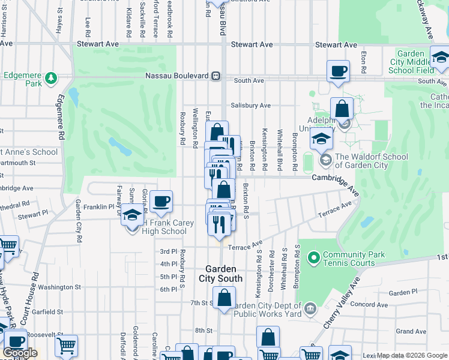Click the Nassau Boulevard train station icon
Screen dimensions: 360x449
click(215, 76)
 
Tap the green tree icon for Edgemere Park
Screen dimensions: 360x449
click(51, 77)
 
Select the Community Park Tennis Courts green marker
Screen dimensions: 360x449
click(313, 259)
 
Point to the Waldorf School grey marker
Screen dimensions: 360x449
click(325, 160)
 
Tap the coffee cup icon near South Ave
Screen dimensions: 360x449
click(338, 70)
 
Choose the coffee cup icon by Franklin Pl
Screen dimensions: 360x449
click(161, 202)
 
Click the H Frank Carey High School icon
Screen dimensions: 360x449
click(131, 214)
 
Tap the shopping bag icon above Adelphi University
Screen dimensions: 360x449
click(342, 109)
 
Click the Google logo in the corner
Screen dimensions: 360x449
click(20, 352)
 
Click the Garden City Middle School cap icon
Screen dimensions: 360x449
click(441, 58)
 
